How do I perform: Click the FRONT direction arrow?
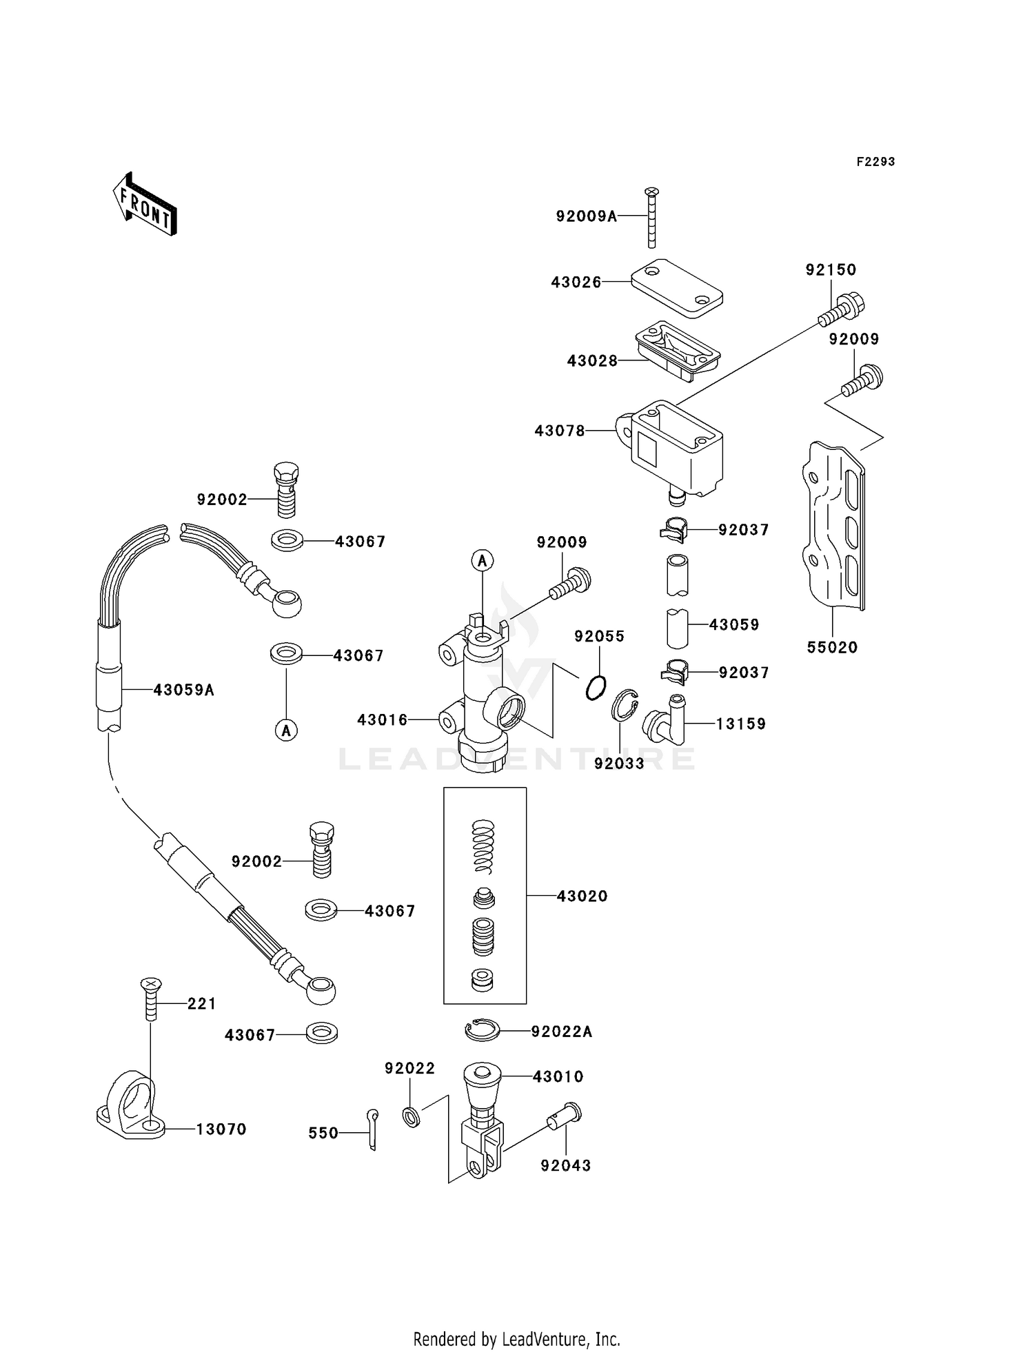click(x=145, y=205)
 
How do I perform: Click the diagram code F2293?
click(x=875, y=162)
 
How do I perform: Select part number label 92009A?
click(x=586, y=216)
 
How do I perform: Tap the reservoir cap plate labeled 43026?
click(x=678, y=287)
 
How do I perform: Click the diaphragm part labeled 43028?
click(x=678, y=349)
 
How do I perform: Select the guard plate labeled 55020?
click(x=834, y=527)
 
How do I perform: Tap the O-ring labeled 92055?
click(x=596, y=688)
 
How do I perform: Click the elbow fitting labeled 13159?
click(x=666, y=720)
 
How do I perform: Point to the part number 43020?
click(x=582, y=896)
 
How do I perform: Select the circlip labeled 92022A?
click(x=482, y=1030)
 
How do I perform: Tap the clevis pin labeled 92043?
click(x=565, y=1116)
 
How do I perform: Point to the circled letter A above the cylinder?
click(x=483, y=560)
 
